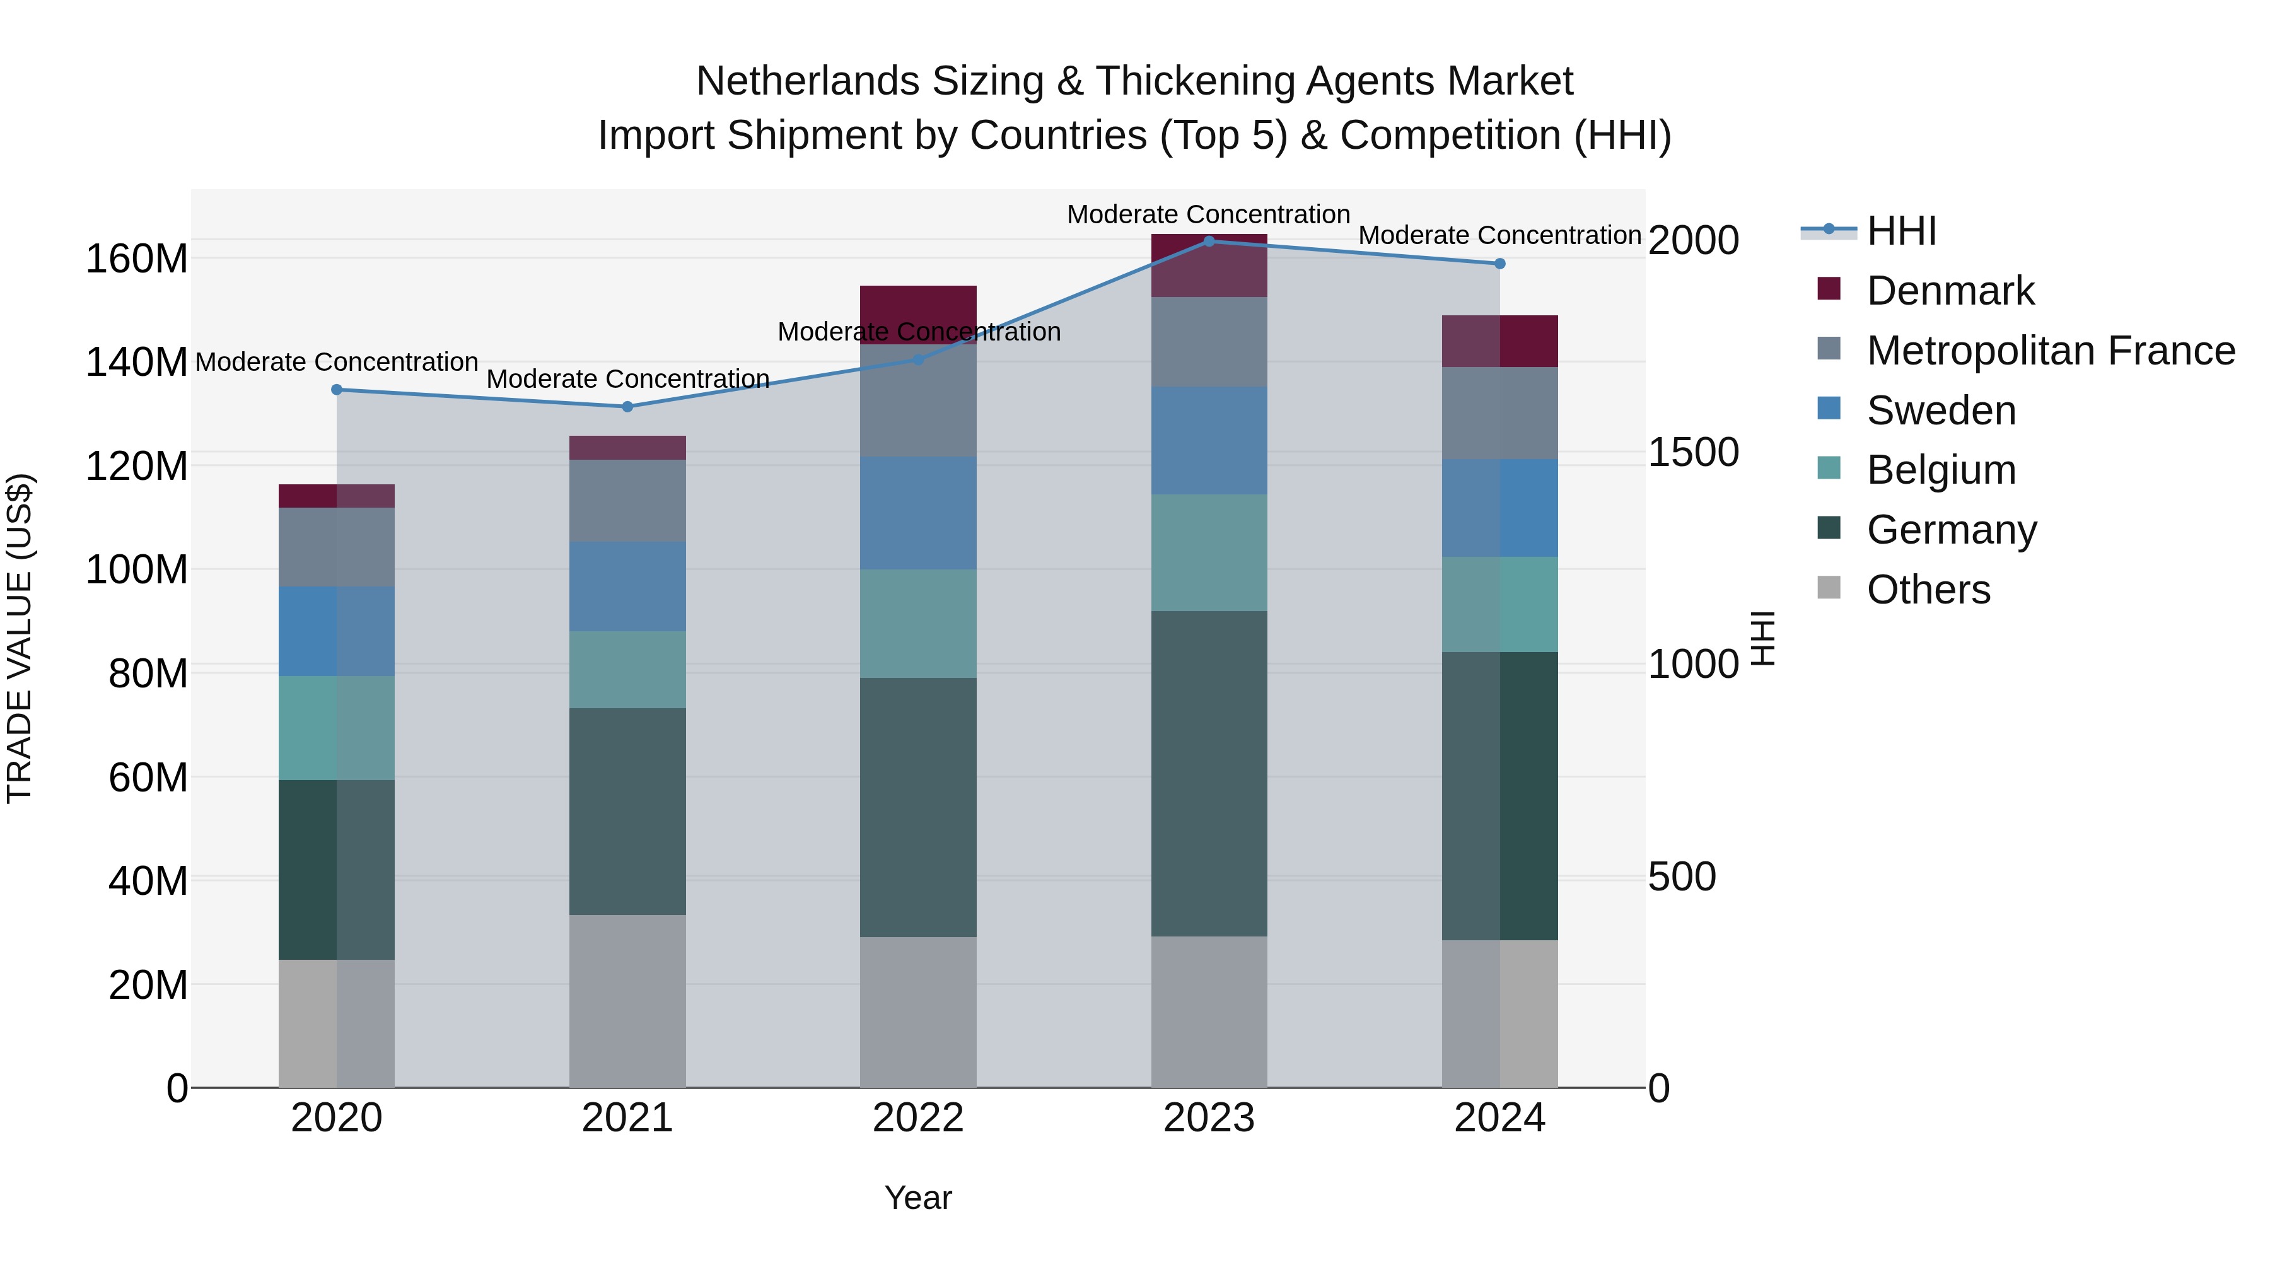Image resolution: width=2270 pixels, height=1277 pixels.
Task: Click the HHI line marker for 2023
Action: pyautogui.click(x=1208, y=241)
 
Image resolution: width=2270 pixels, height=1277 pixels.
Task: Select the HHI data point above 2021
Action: pyautogui.click(x=627, y=406)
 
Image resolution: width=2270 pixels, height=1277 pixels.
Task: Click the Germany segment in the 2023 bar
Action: pyautogui.click(x=1208, y=773)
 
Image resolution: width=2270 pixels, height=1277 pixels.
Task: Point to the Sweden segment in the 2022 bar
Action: pyautogui.click(x=918, y=512)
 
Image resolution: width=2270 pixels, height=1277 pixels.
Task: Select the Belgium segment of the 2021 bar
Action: pyautogui.click(x=627, y=669)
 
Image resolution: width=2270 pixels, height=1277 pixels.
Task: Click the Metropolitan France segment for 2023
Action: pyautogui.click(x=1208, y=341)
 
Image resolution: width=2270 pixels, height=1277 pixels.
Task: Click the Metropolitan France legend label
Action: pyautogui.click(x=2051, y=351)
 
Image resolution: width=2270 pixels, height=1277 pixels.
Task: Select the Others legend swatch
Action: pyautogui.click(x=1829, y=588)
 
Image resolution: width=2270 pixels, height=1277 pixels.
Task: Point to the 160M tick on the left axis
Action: pyautogui.click(x=137, y=259)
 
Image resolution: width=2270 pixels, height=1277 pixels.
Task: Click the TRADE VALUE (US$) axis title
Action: pyautogui.click(x=20, y=638)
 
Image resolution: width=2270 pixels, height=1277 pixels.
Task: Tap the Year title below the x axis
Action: pyautogui.click(x=917, y=1198)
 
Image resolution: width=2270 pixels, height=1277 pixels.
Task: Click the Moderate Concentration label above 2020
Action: pyautogui.click(x=337, y=362)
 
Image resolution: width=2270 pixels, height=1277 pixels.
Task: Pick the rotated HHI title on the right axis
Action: pyautogui.click(x=1762, y=638)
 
